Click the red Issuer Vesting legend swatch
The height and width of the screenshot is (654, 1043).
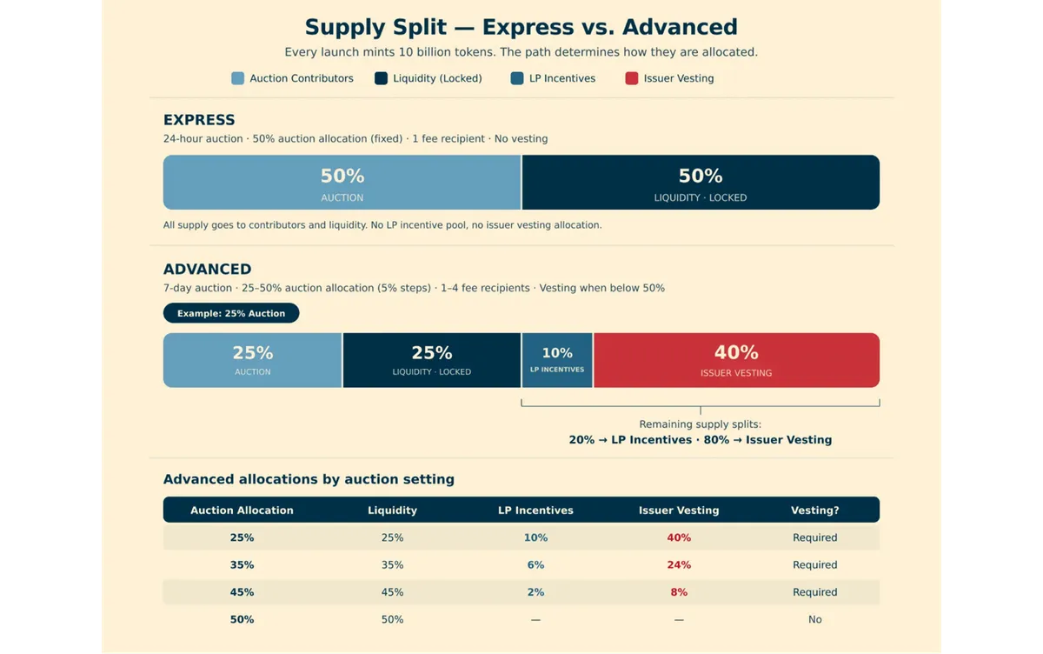tap(631, 78)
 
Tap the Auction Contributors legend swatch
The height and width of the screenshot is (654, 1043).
tap(237, 78)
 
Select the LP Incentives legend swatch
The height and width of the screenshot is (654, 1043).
tap(517, 78)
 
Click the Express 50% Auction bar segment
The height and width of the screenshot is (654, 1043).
tap(342, 182)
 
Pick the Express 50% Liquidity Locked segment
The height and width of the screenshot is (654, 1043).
tap(701, 182)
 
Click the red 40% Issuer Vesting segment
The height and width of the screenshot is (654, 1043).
tap(737, 360)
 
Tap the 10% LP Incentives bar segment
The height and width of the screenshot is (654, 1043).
tap(557, 360)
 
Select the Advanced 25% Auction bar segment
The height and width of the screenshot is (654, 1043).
tap(252, 360)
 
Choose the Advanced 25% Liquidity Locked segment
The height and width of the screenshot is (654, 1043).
tap(432, 360)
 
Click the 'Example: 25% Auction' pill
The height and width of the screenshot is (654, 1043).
tap(231, 313)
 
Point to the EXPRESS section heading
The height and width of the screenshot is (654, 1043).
tap(199, 120)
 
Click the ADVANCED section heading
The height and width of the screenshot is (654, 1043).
tap(207, 269)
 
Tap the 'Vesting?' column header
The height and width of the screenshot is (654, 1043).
tap(815, 510)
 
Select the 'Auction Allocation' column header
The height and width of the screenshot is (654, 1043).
tap(242, 510)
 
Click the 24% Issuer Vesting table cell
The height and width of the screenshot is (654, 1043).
tap(679, 564)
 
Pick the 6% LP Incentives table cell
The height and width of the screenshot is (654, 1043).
tap(535, 564)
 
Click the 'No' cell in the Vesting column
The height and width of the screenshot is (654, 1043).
tap(815, 619)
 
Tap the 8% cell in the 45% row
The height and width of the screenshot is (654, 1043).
tap(679, 592)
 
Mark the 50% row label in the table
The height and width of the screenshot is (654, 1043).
tap(242, 619)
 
